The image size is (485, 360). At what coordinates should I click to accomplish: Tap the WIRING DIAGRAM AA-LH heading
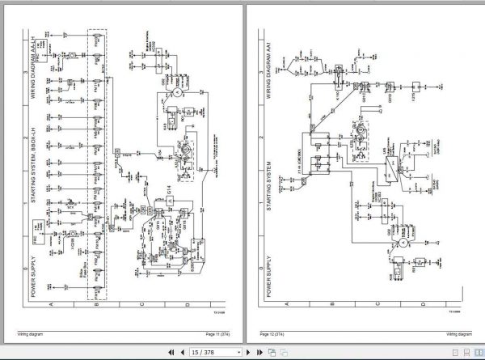35,57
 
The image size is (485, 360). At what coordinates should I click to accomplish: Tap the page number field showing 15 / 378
209,353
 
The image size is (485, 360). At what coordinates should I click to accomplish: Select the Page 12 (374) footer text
276,333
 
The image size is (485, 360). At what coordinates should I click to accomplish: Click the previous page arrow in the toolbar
181,353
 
